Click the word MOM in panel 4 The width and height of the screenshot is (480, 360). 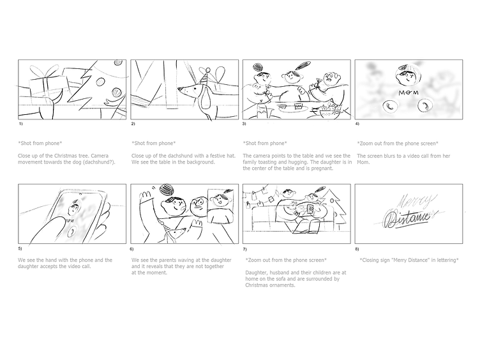[409, 93]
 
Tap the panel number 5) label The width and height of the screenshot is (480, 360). [20, 248]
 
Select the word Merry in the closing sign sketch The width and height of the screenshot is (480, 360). [416, 201]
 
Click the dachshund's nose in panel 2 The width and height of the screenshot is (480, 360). [179, 89]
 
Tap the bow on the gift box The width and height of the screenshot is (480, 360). [47, 71]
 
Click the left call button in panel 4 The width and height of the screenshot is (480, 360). [390, 106]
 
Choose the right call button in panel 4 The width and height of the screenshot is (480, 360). [425, 105]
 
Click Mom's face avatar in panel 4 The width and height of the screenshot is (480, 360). [408, 75]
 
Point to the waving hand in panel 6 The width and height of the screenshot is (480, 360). [145, 195]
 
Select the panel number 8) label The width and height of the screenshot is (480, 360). [357, 249]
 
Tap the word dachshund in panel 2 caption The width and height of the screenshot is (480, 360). [174, 156]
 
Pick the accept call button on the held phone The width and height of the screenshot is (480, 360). [73, 232]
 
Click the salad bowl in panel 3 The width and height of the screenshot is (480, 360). [329, 112]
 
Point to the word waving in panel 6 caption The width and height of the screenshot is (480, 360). [191, 260]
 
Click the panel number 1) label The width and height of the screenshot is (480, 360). [20, 124]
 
